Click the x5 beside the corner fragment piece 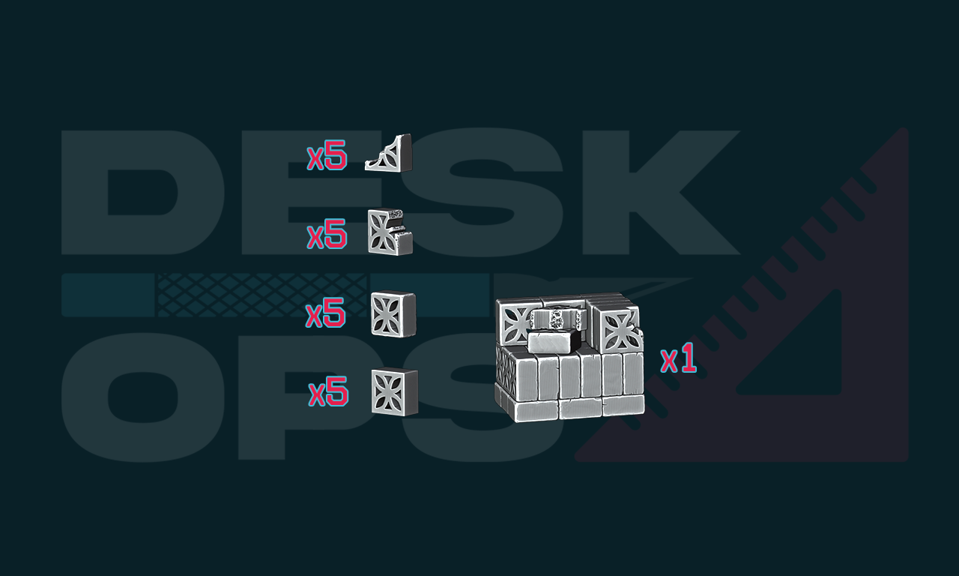327,155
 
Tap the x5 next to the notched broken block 327,234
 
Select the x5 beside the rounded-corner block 325,313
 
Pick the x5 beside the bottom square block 328,391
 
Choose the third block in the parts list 393,314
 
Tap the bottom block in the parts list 394,392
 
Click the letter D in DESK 142,193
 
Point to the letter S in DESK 482,193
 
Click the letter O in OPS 142,397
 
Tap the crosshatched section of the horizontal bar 262,295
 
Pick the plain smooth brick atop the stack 553,341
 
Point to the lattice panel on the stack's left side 507,367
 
